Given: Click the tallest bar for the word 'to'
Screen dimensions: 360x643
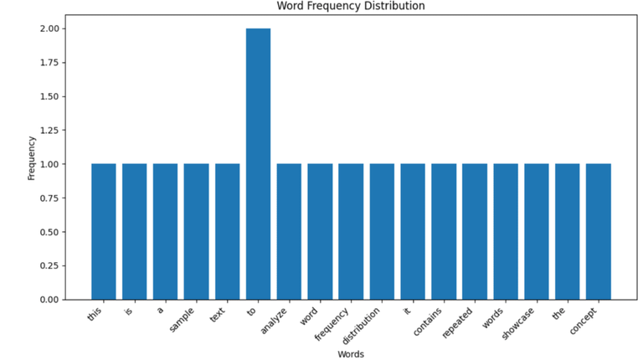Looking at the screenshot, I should coord(258,163).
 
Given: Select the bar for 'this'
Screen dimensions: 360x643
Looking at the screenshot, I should coord(103,231).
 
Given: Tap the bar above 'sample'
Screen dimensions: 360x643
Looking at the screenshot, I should coord(196,231).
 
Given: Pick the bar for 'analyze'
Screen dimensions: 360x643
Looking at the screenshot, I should coord(289,231).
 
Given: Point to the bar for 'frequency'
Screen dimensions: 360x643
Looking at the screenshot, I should coord(351,231).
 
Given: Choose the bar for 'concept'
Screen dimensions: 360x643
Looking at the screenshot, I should coord(598,231).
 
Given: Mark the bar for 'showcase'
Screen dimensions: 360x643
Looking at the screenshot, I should coord(536,231).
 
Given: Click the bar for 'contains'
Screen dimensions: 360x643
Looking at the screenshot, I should coord(444,231).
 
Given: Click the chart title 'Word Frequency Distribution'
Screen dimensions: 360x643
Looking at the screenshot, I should coord(351,6).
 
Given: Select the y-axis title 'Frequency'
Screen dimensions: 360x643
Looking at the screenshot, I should coord(31,160).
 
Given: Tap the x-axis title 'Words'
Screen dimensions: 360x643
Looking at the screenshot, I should coord(350,354).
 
